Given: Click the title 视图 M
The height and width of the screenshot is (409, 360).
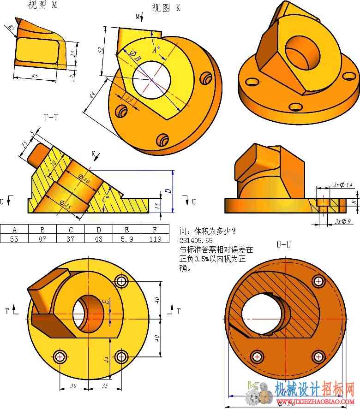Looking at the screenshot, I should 42,5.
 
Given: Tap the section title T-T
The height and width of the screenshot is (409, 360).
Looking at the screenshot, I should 51,117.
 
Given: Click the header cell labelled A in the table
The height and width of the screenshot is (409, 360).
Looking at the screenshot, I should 14,229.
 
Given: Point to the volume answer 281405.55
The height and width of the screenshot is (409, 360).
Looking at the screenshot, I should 196,240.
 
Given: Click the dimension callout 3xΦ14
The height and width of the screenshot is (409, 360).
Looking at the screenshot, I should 343,185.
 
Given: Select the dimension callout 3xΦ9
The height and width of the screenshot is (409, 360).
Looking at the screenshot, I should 343,221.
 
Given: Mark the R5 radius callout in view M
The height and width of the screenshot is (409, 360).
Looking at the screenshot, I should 11,29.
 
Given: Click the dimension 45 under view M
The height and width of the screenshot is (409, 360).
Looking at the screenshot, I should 35,75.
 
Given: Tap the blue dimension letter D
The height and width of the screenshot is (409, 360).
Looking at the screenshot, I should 169,190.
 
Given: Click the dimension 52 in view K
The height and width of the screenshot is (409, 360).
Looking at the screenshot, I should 101,50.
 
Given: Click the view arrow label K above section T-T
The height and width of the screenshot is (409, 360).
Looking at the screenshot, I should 93,154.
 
